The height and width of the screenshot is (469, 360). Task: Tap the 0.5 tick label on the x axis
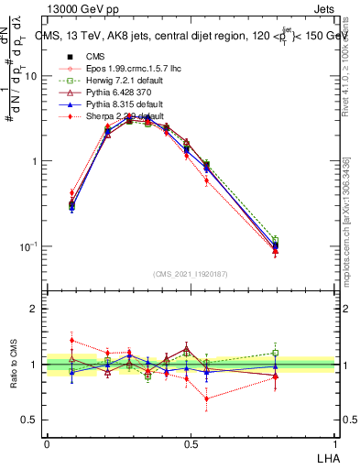[191, 442]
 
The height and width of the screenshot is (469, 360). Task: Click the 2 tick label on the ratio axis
[36, 310]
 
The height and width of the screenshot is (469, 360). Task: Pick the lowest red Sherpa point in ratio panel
[207, 398]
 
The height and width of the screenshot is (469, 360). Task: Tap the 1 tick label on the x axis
[335, 442]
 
